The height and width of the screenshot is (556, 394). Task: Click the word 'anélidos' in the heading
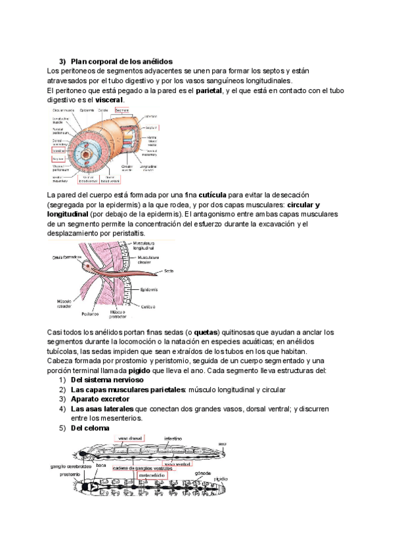[152, 61]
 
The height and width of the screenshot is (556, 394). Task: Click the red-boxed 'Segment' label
[122, 110]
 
